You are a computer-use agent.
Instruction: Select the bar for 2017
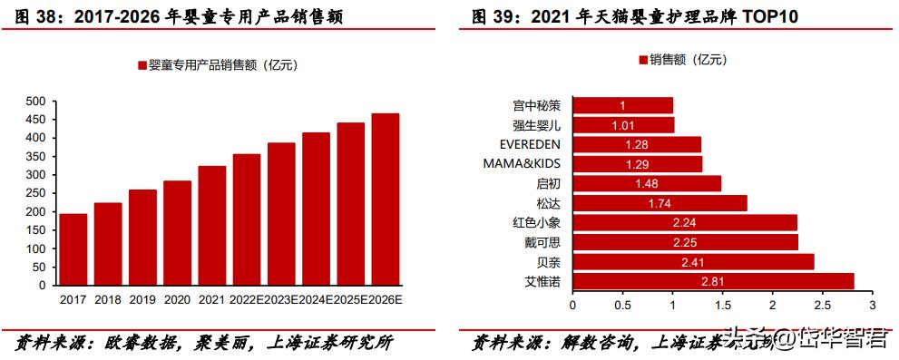point(73,249)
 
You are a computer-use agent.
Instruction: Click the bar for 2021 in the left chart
point(212,226)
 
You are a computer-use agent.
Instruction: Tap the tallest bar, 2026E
point(386,199)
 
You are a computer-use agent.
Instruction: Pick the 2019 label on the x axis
point(142,299)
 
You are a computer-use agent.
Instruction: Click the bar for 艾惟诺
point(713,282)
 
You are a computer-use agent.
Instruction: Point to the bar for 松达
point(660,203)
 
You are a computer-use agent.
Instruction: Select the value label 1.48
point(647,184)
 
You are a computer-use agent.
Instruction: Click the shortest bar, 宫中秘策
point(621,105)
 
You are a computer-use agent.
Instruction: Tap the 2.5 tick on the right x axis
point(821,305)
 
